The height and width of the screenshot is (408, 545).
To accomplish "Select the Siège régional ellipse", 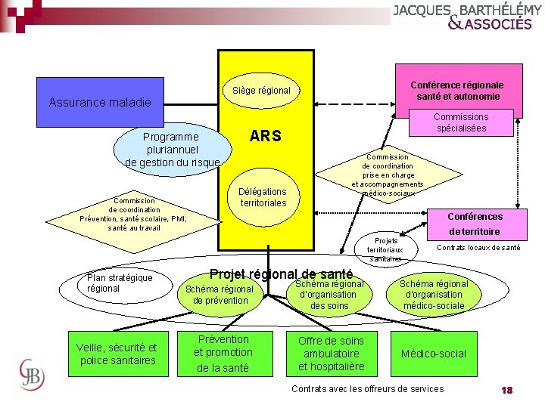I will pos(261,91).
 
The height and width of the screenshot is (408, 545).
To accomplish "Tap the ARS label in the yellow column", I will pos(265,136).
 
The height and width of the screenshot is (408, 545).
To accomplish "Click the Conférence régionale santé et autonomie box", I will pos(456,91).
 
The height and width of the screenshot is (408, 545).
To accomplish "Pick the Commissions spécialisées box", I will pos(461,122).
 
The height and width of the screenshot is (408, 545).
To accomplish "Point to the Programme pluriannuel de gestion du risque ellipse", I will pos(172,150).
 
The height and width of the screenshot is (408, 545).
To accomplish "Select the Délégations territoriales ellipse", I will pos(263,197).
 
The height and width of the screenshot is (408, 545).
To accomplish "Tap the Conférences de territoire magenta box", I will pos(475,224).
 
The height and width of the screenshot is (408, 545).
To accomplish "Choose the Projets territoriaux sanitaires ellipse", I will pos(385,249).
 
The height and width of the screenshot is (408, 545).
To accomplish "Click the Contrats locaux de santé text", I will pos(478,248).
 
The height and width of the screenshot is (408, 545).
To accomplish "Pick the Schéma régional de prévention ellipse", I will pos(220,295).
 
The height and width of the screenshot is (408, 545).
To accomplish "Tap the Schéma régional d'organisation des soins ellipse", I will pos(329,295).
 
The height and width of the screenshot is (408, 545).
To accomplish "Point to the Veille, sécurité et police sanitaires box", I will pos(117,354).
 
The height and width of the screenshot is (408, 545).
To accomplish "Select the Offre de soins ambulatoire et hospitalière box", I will pos(331,354).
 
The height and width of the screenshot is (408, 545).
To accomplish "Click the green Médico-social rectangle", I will pos(433,354).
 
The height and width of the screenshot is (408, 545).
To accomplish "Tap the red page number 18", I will pos(506,390).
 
